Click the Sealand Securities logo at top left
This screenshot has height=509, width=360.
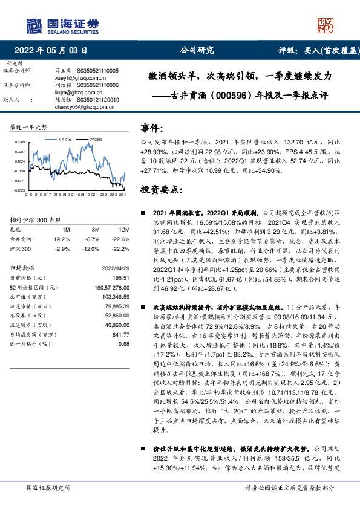[x=61, y=25]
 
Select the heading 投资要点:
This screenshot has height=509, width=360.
[x=161, y=190]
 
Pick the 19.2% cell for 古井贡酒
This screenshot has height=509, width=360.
[x=62, y=239]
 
